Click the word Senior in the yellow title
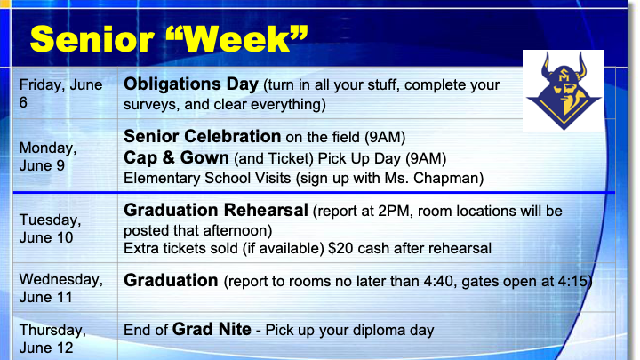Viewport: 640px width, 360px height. (x=92, y=39)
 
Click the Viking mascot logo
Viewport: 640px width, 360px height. (x=564, y=91)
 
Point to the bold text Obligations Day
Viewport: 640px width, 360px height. (x=191, y=84)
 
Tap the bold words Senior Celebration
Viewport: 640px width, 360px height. (x=202, y=136)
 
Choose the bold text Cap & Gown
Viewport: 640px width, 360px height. (x=176, y=157)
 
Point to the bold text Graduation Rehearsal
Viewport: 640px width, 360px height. (x=215, y=210)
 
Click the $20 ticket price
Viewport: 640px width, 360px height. (x=340, y=248)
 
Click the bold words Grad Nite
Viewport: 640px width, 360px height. (x=212, y=330)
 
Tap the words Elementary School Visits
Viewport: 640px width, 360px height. (x=207, y=179)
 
